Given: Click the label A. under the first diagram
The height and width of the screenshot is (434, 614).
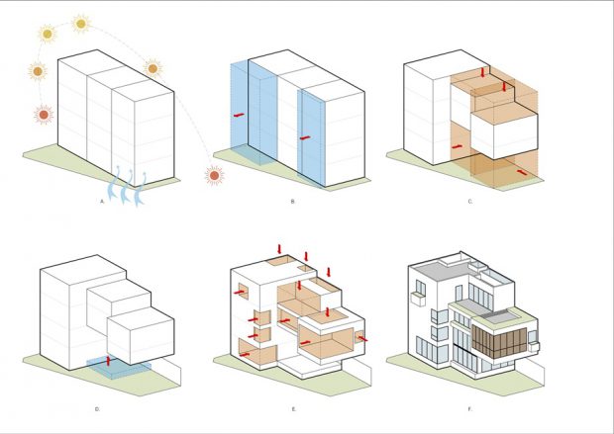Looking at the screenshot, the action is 102,202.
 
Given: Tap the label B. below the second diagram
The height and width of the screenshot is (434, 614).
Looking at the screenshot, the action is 292,202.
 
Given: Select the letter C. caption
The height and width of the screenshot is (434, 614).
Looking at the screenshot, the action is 469,202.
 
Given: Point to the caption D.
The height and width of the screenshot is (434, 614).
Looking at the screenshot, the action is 97,409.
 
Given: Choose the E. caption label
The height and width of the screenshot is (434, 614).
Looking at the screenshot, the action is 294,409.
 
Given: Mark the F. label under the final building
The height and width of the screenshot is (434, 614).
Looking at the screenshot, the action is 469,409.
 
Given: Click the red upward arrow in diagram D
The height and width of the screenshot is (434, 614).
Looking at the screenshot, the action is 109,361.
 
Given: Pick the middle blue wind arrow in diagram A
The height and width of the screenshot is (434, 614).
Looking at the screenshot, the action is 127,187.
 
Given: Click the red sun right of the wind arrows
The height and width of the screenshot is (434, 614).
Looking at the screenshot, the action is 214,176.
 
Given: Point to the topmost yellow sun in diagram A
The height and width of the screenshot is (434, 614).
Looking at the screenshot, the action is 81,24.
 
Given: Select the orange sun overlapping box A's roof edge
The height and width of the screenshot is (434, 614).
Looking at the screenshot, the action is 153,69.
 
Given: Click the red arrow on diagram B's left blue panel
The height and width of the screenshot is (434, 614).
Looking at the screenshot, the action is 239,115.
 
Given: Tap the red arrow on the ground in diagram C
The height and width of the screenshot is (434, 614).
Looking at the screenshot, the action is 522,172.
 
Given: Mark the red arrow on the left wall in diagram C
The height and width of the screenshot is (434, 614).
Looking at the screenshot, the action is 457,146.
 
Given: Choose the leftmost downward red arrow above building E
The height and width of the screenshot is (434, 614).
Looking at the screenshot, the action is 279,249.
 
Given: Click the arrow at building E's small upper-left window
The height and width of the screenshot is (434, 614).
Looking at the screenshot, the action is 239,292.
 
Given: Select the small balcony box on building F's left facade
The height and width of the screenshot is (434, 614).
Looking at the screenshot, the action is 418,300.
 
